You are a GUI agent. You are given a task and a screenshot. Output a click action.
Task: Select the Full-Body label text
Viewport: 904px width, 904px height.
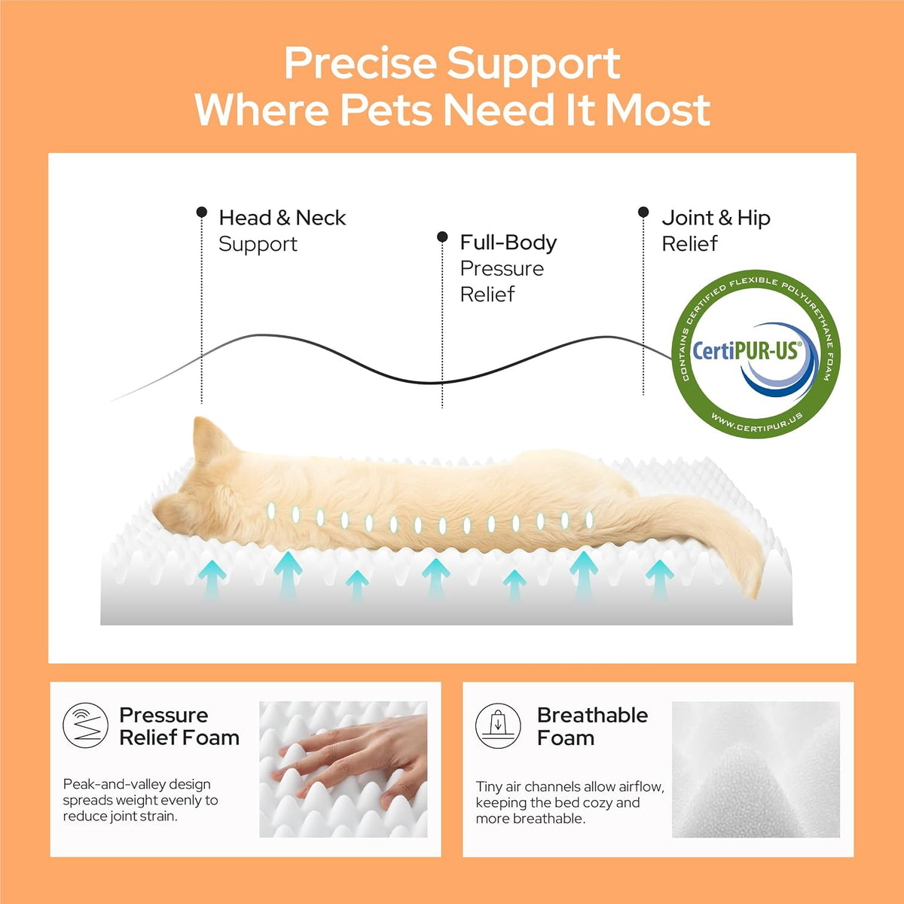click(508, 243)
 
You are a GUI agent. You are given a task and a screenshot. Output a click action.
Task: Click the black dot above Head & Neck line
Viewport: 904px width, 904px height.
click(202, 212)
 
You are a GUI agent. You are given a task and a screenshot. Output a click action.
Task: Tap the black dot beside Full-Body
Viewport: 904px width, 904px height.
click(442, 237)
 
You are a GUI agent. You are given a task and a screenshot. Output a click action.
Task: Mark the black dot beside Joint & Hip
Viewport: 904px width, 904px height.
click(643, 212)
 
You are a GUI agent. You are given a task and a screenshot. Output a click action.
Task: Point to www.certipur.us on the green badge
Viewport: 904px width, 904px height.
click(756, 422)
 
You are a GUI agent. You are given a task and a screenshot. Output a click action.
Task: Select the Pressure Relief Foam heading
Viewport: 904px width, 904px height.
click(179, 727)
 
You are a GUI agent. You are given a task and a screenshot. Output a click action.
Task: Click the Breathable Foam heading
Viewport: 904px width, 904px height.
click(592, 727)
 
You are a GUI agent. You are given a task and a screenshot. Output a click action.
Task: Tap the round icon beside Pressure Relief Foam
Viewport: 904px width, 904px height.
click(85, 725)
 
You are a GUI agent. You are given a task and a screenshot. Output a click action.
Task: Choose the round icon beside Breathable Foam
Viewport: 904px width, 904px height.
click(498, 725)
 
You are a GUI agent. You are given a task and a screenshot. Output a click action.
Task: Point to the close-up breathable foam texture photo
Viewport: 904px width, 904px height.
click(756, 769)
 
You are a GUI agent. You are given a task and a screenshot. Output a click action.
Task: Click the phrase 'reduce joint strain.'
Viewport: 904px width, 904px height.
click(120, 817)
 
